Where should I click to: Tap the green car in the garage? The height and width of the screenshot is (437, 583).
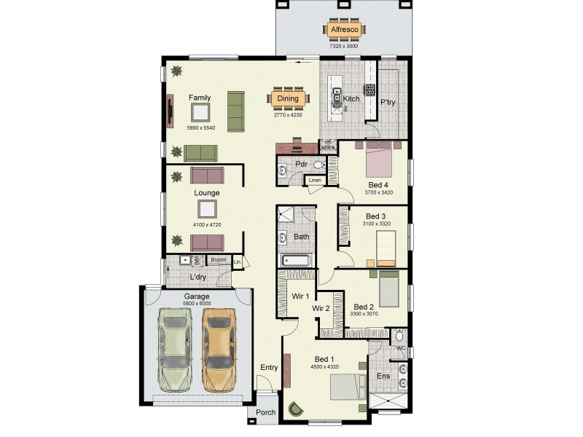pyautogui.click(x=175, y=348)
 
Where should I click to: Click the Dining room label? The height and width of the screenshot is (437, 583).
pyautogui.click(x=288, y=98)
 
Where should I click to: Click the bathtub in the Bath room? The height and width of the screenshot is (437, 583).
pyautogui.click(x=295, y=261)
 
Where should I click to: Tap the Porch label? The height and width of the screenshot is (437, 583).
pyautogui.click(x=265, y=413)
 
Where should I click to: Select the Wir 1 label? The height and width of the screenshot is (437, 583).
pyautogui.click(x=301, y=296)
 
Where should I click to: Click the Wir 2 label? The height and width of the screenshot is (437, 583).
pyautogui.click(x=321, y=308)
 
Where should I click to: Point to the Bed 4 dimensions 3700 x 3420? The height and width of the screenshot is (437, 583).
pyautogui.click(x=379, y=192)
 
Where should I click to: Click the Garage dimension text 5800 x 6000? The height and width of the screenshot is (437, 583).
pyautogui.click(x=197, y=304)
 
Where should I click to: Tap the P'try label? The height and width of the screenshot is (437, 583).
pyautogui.click(x=388, y=103)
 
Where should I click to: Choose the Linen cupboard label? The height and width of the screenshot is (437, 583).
pyautogui.click(x=314, y=180)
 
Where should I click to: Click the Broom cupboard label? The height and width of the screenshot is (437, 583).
pyautogui.click(x=218, y=259)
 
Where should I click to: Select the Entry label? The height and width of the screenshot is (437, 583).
pyautogui.click(x=269, y=367)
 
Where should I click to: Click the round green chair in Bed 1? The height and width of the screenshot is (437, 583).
pyautogui.click(x=295, y=410)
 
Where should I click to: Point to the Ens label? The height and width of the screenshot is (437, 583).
pyautogui.click(x=383, y=376)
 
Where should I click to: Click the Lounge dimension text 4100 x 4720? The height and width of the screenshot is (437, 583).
pyautogui.click(x=207, y=224)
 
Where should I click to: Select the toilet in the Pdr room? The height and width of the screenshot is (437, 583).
pyautogui.click(x=318, y=166)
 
